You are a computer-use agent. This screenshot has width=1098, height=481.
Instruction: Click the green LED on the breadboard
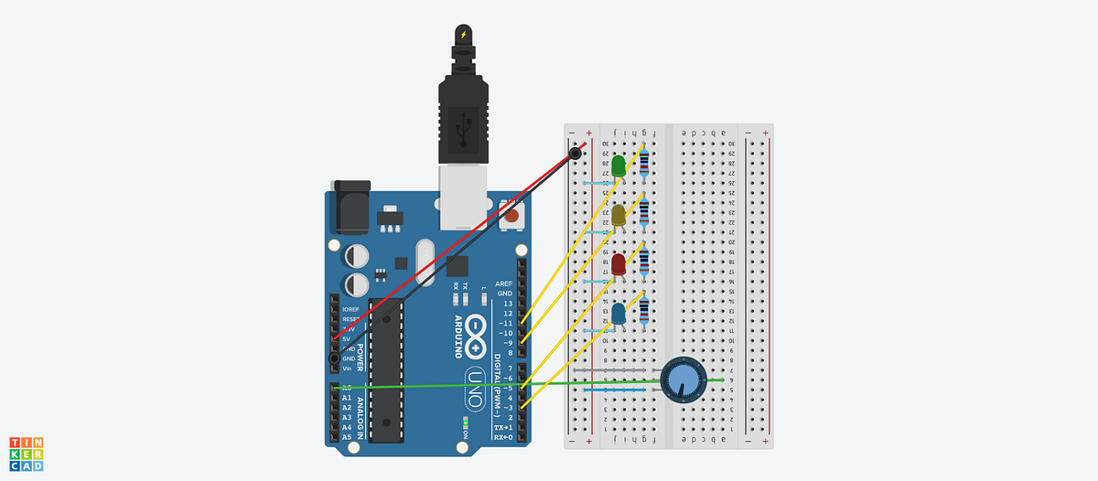click(x=619, y=166)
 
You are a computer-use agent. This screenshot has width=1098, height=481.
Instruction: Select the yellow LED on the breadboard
click(x=619, y=216)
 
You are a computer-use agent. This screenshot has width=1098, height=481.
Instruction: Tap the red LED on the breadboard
click(x=619, y=265)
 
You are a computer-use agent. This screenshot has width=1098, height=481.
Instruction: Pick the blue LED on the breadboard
click(x=619, y=314)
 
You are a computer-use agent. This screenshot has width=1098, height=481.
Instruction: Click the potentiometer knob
click(x=681, y=377)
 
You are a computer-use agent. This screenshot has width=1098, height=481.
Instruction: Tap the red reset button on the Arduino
click(x=511, y=218)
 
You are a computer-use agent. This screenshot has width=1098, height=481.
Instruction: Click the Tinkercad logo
click(x=27, y=454)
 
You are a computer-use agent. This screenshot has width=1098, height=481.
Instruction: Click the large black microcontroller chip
click(x=386, y=370)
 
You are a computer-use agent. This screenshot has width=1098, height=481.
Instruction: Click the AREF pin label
click(x=503, y=283)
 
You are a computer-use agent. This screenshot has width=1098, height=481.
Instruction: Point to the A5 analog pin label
click(x=346, y=437)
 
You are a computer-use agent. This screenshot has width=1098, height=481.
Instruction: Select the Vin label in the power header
click(x=348, y=369)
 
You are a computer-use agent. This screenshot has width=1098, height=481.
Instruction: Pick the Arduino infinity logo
click(x=475, y=336)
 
